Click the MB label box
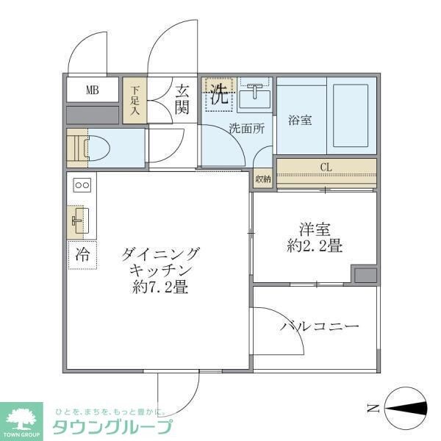[92, 90]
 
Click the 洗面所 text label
[245, 126]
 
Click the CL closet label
[326, 167]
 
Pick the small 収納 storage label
[262, 179]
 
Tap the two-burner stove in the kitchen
[81, 185]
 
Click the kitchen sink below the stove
[79, 219]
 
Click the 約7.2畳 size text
[160, 287]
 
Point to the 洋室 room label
[314, 229]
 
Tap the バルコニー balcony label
[319, 326]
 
